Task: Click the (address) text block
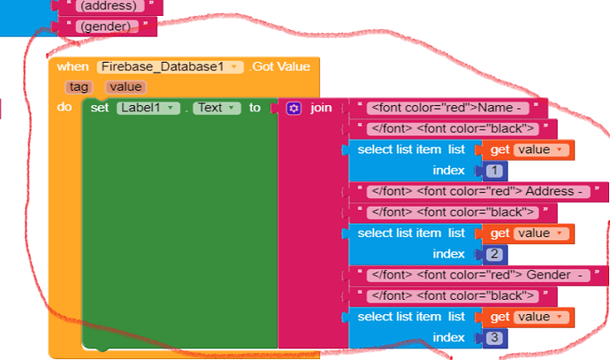click(109, 6)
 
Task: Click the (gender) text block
click(106, 27)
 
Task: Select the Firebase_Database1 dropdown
click(171, 67)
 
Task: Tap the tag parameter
click(79, 87)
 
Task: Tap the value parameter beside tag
click(126, 87)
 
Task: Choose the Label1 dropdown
click(149, 108)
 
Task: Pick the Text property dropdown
click(217, 108)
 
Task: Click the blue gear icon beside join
click(294, 108)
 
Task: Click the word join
click(321, 108)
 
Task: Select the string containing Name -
click(448, 108)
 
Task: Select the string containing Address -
click(478, 191)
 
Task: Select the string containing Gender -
click(478, 275)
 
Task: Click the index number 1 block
click(494, 171)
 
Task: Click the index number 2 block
click(494, 254)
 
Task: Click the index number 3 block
click(494, 337)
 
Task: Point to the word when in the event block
click(72, 67)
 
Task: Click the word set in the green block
click(100, 108)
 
